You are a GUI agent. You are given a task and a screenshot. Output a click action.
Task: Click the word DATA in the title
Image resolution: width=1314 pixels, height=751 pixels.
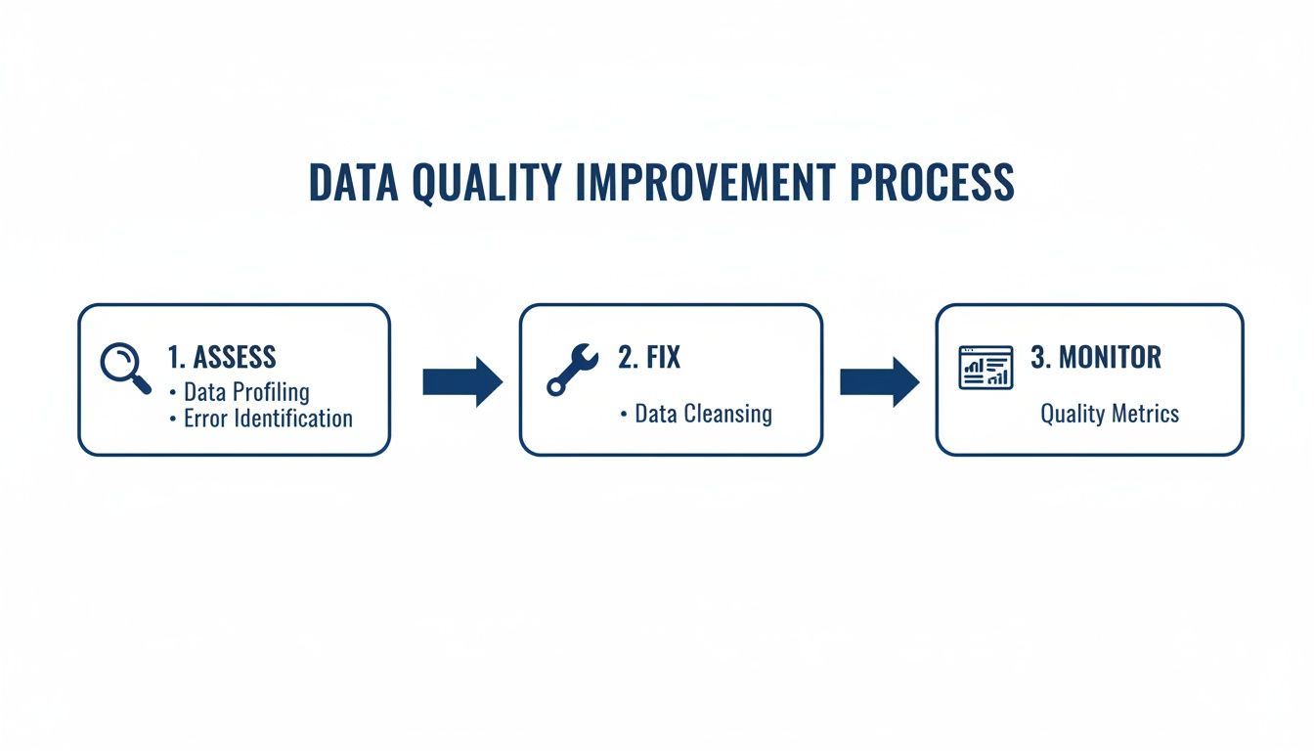(353, 183)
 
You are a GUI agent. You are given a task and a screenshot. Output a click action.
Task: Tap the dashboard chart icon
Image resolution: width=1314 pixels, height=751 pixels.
(985, 367)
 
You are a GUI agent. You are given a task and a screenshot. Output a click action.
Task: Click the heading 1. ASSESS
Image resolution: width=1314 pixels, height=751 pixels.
(222, 357)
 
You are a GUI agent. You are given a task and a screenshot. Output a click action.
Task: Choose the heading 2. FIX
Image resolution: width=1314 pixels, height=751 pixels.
(649, 357)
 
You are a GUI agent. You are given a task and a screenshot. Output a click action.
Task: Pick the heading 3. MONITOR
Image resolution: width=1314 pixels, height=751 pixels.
(1096, 357)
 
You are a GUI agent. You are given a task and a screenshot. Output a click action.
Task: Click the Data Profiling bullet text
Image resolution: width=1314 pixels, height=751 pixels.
(246, 392)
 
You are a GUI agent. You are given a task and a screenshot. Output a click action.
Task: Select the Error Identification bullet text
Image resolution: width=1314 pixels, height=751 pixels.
(268, 419)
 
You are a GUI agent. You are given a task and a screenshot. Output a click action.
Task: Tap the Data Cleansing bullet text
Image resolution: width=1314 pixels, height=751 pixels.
(703, 414)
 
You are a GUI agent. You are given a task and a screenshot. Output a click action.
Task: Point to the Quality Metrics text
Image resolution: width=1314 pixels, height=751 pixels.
(1110, 414)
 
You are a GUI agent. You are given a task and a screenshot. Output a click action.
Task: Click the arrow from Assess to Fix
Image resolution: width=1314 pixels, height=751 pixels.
(461, 381)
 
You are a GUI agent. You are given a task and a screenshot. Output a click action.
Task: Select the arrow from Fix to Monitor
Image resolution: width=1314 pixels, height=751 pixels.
(879, 381)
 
